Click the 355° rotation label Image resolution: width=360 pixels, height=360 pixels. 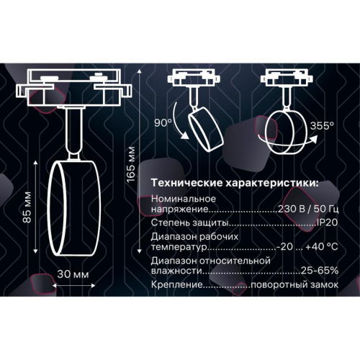click(322, 126)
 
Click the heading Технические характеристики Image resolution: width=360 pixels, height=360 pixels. click(235, 183)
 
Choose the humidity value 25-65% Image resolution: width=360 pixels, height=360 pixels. click(319, 272)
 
